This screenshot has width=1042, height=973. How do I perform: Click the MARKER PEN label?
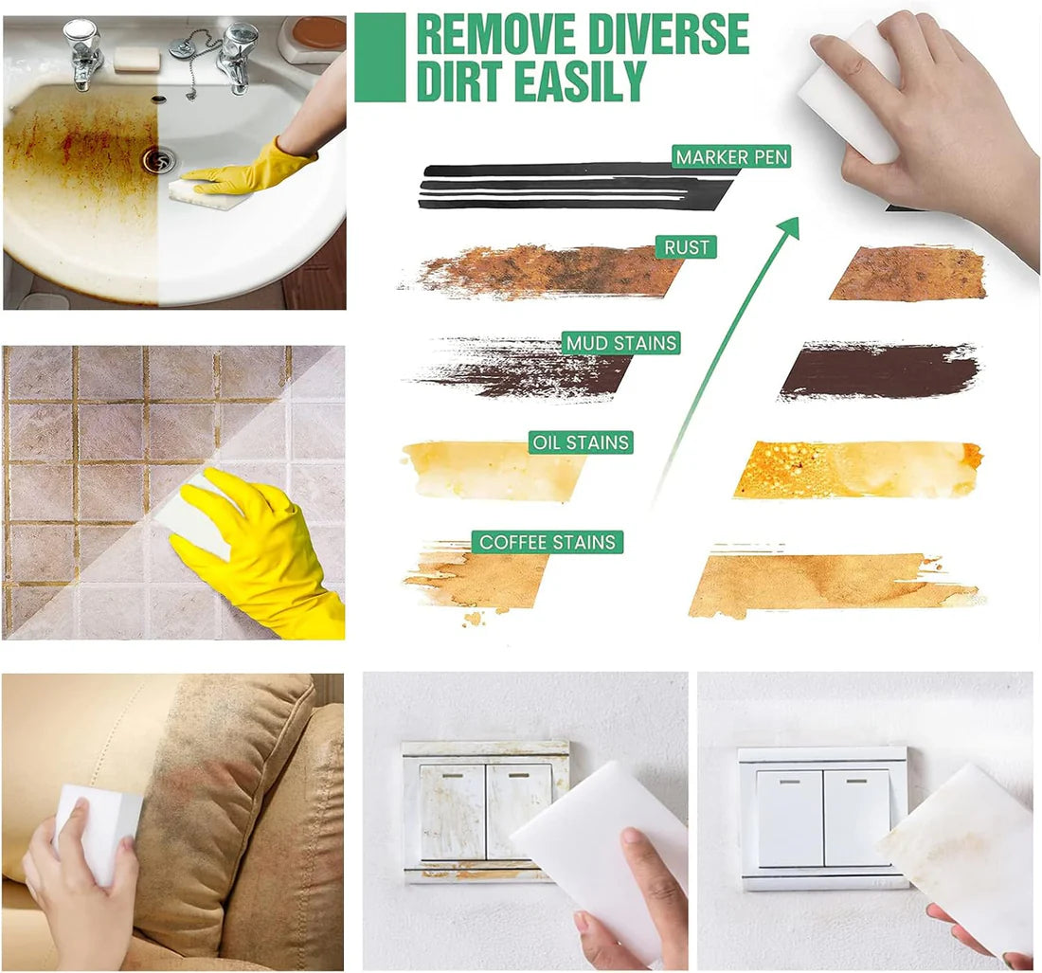click(731, 156)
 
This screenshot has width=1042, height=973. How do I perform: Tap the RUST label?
click(687, 247)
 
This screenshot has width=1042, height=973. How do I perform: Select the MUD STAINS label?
click(621, 343)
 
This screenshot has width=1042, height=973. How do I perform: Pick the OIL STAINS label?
click(581, 441)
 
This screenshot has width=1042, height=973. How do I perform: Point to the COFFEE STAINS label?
click(548, 542)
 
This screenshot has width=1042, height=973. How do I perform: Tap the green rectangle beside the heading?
click(380, 57)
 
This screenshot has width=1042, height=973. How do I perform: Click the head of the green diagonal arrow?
click(788, 227)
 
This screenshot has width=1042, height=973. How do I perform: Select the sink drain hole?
click(158, 159)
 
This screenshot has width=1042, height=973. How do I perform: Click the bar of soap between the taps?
click(136, 59)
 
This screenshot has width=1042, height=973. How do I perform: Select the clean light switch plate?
click(822, 817)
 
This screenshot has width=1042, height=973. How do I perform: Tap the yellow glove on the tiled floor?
click(254, 550)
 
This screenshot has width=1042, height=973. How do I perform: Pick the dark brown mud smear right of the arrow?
click(879, 370)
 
